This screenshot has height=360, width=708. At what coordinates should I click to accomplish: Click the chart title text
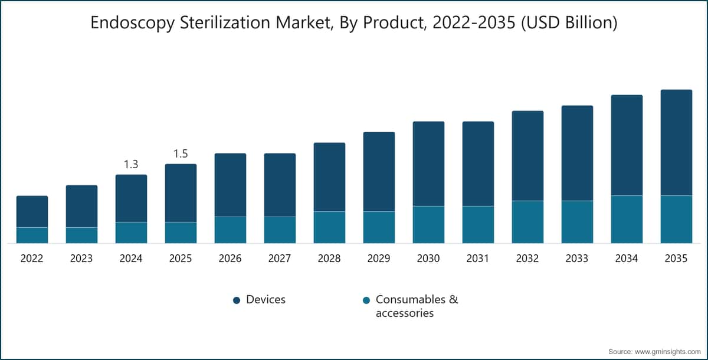(x=354, y=23)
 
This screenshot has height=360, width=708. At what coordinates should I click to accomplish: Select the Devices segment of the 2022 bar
(x=32, y=211)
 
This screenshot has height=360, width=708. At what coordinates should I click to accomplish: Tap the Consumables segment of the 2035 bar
(x=676, y=220)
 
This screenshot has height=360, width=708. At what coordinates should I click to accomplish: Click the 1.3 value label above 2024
(x=131, y=164)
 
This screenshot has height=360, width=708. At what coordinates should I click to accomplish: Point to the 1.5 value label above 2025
(x=181, y=154)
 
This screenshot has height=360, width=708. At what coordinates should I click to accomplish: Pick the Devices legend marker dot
(x=237, y=300)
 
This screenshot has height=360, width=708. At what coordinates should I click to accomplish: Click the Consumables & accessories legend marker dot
(x=366, y=300)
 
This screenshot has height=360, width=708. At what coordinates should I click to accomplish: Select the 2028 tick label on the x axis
(x=329, y=258)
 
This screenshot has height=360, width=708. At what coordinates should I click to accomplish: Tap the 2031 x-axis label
(x=477, y=258)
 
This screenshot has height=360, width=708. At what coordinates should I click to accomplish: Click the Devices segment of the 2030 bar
(x=428, y=163)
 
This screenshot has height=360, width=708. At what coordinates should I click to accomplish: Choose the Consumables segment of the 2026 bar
(x=231, y=230)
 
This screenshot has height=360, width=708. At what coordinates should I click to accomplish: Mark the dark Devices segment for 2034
(x=627, y=145)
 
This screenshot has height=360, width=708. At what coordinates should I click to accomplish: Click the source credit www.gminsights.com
(x=654, y=352)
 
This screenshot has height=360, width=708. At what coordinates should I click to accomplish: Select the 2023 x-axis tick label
(x=81, y=258)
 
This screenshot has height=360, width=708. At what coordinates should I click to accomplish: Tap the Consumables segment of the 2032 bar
(x=528, y=222)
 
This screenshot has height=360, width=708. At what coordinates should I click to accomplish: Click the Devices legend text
(x=266, y=300)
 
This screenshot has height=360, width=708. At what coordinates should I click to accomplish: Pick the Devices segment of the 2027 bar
(x=280, y=185)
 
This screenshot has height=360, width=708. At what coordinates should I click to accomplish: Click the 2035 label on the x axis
(x=676, y=258)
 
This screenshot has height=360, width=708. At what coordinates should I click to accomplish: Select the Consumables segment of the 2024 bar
(x=131, y=233)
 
